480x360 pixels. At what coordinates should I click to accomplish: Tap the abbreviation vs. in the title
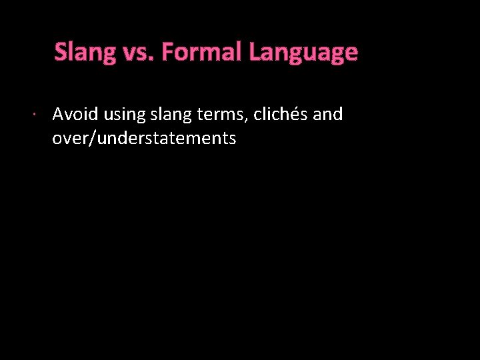click(x=138, y=52)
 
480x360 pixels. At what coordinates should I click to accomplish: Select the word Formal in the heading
click(x=202, y=52)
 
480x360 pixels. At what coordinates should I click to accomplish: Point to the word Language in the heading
click(x=303, y=52)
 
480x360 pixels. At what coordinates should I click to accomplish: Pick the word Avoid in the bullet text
click(x=75, y=115)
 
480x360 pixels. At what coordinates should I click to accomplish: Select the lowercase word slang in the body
click(x=172, y=115)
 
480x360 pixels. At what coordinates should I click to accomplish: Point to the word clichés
click(x=282, y=115)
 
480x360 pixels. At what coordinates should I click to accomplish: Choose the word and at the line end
click(x=327, y=115)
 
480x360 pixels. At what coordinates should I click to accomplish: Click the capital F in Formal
click(x=167, y=52)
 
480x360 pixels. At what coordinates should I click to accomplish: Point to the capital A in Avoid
click(x=58, y=115)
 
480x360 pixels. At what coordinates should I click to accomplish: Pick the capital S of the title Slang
click(x=61, y=52)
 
